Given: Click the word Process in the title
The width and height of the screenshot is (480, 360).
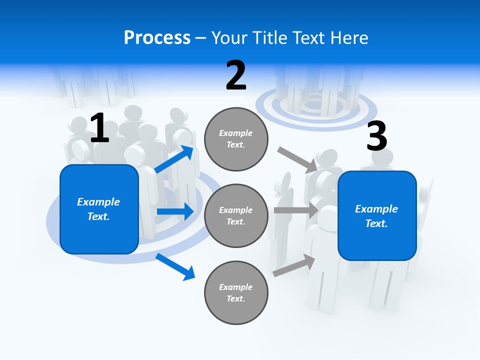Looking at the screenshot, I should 157,38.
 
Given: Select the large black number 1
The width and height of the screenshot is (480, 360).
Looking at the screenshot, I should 99,128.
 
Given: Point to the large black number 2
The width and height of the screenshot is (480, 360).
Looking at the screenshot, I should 236,75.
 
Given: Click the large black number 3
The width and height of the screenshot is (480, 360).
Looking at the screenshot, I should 376,136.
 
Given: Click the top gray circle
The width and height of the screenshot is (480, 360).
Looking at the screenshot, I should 236,139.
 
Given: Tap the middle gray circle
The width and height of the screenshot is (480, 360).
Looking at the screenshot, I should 236,215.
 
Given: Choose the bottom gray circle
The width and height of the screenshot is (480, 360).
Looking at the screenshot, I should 236,292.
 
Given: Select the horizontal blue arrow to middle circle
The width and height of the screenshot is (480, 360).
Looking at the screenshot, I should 175,211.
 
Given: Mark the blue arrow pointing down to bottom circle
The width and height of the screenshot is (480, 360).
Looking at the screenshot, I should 175,266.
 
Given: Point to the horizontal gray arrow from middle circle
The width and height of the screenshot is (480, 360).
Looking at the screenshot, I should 295,210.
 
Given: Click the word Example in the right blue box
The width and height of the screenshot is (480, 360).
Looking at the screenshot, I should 376,209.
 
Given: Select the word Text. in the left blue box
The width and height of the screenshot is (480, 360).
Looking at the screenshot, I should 98,216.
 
